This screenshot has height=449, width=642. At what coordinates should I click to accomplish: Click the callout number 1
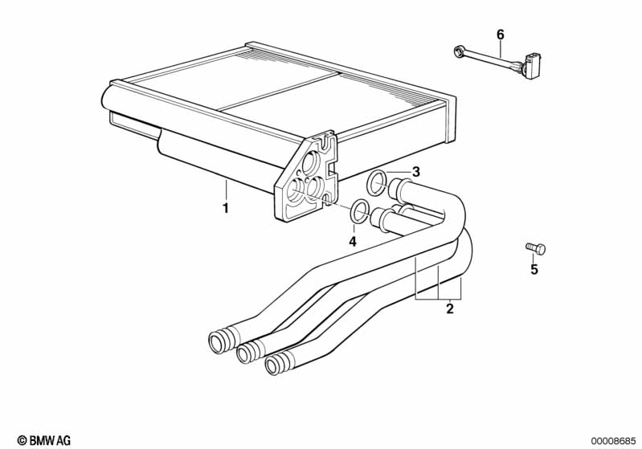pos(226,208)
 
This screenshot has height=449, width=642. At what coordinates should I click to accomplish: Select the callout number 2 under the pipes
pos(450,308)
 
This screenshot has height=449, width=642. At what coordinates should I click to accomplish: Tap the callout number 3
pos(415,171)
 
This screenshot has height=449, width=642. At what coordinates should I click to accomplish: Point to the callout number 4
pos(351,241)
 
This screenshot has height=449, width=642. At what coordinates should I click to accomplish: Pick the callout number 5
pos(534,270)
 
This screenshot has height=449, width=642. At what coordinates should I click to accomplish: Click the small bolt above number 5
pos(534,248)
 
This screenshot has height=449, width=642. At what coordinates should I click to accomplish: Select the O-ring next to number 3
pos(376,182)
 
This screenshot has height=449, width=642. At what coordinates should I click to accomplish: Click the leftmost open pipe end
pos(218,341)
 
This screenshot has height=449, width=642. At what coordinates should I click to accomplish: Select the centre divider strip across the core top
pos(281,90)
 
